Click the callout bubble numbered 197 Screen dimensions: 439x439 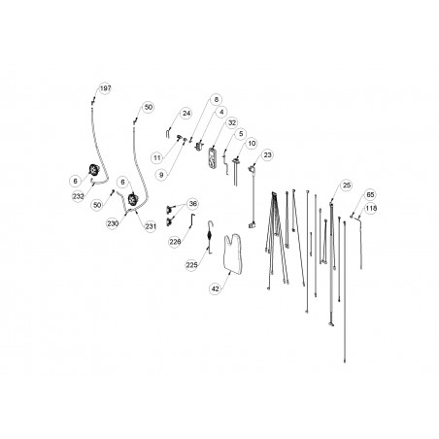click(105, 88)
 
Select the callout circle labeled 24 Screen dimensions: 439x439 click(186, 114)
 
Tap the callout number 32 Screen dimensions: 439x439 click(232, 122)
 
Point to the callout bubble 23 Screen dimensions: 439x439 click(267, 155)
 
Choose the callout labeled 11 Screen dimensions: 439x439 click(157, 158)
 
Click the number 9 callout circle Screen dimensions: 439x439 click(161, 175)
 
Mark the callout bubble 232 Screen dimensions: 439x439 click(79, 196)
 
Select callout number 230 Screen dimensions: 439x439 click(113, 223)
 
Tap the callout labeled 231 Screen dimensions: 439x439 click(151, 226)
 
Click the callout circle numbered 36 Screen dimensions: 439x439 click(193, 204)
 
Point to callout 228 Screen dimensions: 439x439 click(175, 242)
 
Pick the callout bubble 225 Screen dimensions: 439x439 click(191, 265)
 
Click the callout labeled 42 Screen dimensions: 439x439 click(216, 288)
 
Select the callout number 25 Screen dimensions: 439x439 click(347, 186)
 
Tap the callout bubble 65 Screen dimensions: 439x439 click(370, 195)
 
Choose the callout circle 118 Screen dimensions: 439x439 click(371, 208)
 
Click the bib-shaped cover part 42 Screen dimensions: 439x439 click(233, 255)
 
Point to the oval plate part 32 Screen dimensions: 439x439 click(212, 157)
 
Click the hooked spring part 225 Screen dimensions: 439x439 click(210, 236)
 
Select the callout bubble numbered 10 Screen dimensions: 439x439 click(252, 144)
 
